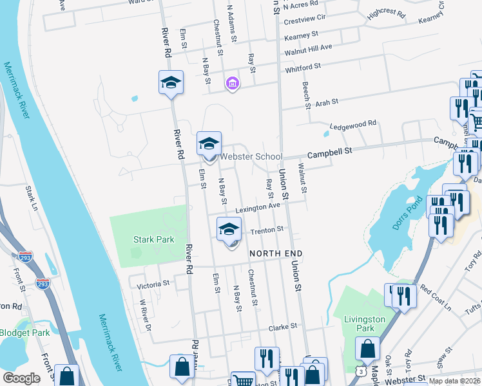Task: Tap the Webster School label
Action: point(251,156)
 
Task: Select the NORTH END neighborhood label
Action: point(276,253)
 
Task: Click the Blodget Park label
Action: point(24,333)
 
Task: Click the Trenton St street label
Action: point(267,230)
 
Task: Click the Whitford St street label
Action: point(303,67)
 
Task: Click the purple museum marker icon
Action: point(232,84)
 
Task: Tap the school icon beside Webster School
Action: point(209,145)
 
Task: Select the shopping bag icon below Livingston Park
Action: point(367,349)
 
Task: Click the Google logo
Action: point(22,378)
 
